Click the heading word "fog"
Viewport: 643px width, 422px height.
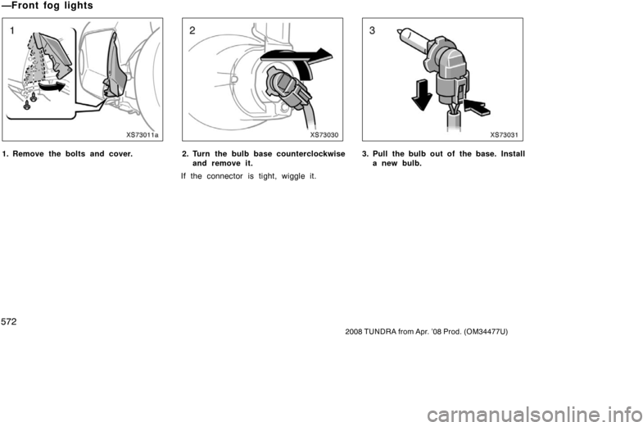53,6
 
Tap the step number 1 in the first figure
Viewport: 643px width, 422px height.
13,31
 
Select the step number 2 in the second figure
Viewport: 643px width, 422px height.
192,31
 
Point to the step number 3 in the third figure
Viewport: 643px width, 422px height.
373,31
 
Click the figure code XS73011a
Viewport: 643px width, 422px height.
142,134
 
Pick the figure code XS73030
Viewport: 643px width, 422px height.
324,134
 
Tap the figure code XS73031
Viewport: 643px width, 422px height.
504,134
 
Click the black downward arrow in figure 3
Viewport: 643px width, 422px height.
422,95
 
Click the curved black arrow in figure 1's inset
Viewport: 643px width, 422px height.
52,87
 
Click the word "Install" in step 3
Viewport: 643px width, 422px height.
513,154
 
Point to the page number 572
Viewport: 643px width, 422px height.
9,322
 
